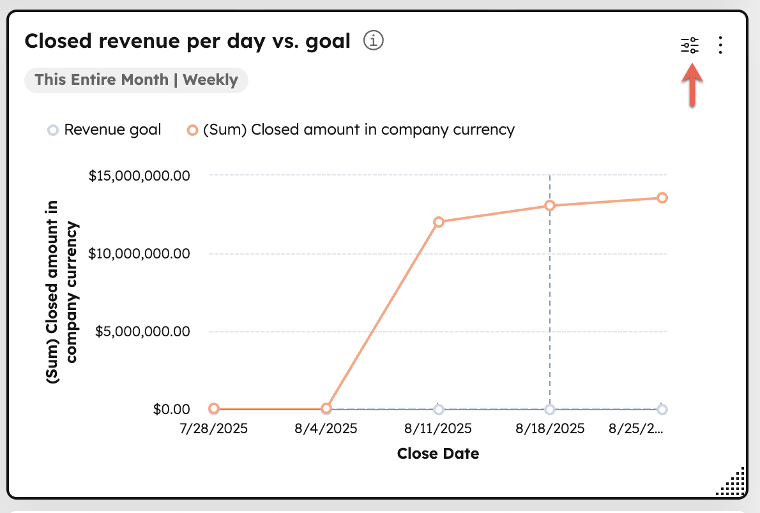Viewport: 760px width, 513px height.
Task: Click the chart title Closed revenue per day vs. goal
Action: click(x=187, y=41)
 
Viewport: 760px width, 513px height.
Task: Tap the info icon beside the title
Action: click(x=373, y=41)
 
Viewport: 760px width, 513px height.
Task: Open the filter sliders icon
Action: click(x=690, y=45)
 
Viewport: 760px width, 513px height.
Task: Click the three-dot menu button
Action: click(x=720, y=45)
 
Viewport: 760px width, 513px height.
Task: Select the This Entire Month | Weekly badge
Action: click(x=136, y=80)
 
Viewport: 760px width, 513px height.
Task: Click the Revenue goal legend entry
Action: click(x=105, y=130)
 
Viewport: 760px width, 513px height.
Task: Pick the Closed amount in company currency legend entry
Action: click(x=351, y=130)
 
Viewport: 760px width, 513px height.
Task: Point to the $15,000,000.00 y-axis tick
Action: click(x=139, y=175)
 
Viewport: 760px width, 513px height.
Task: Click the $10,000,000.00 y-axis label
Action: click(x=139, y=254)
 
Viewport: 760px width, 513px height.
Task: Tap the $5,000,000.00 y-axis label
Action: click(x=142, y=332)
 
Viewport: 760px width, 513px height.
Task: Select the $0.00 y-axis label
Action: click(x=171, y=410)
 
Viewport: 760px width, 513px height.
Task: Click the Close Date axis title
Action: click(x=438, y=454)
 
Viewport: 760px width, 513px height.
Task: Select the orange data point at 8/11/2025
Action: click(x=438, y=222)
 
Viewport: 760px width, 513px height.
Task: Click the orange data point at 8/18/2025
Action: click(x=550, y=205)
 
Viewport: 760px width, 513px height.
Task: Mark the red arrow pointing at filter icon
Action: click(x=692, y=87)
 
